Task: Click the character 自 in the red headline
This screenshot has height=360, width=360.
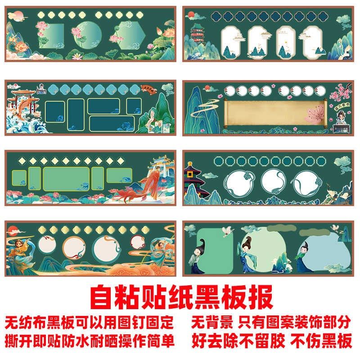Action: point(102,297)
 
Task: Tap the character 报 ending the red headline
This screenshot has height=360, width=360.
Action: point(260,297)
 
